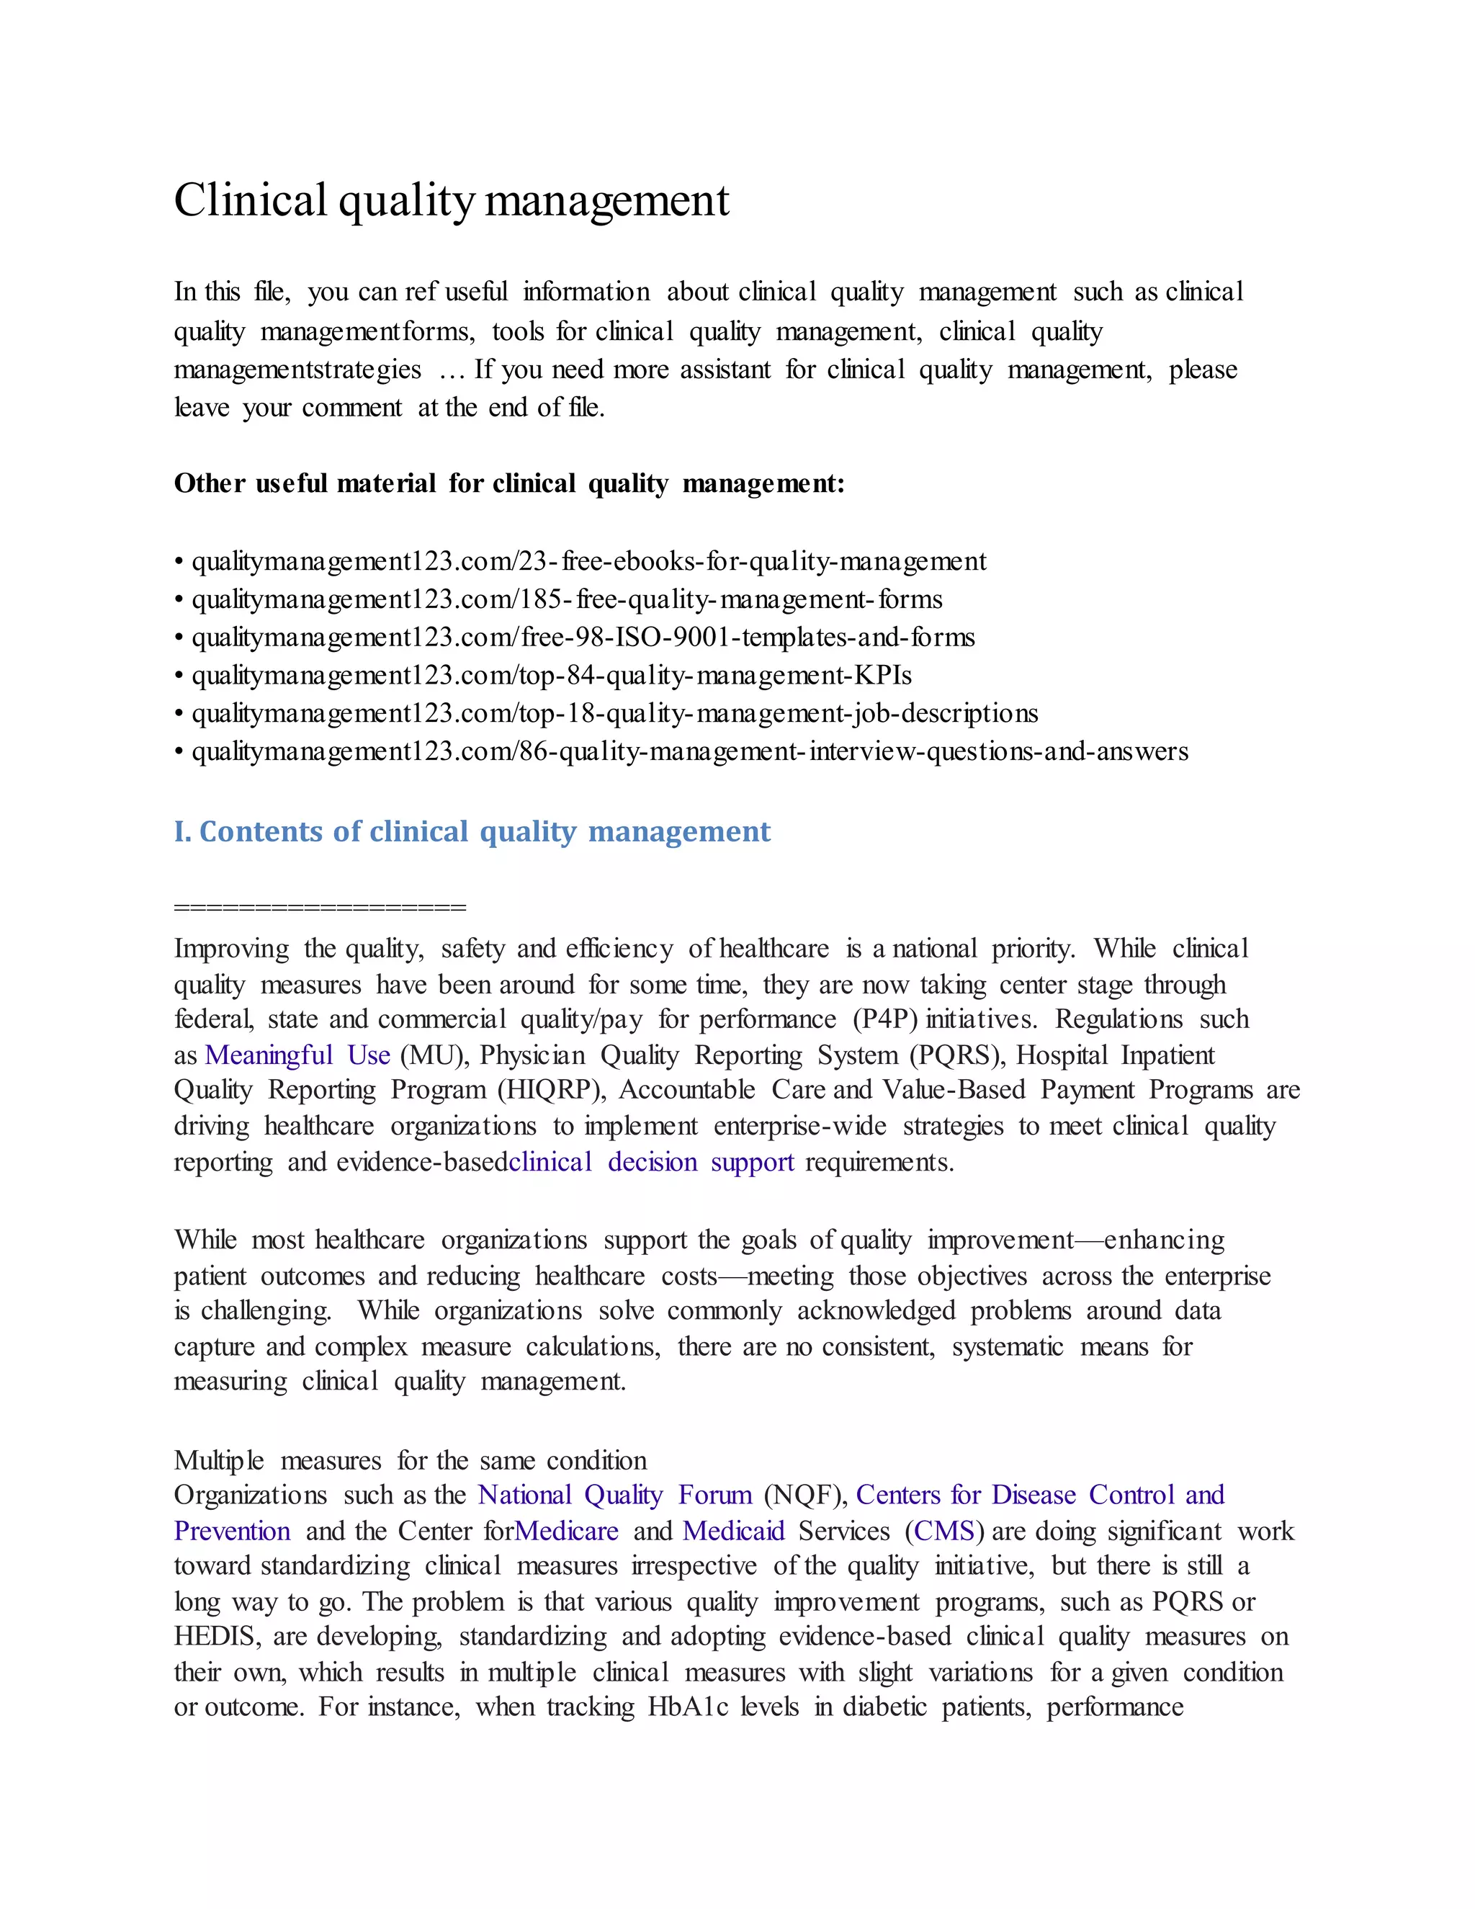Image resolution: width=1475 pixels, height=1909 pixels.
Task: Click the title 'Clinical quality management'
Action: (x=451, y=200)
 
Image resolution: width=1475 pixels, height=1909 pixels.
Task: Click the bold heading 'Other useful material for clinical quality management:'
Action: (x=509, y=483)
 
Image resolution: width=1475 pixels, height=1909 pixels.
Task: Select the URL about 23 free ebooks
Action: (x=589, y=561)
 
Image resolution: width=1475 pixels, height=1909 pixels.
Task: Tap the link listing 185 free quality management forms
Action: (x=567, y=599)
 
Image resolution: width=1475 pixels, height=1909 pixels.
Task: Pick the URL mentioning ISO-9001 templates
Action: (x=583, y=638)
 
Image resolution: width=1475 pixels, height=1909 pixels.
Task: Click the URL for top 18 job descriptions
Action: (x=615, y=713)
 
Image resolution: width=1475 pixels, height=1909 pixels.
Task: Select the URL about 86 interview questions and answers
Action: (x=690, y=751)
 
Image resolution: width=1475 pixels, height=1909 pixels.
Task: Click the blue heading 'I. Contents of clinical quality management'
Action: (x=472, y=831)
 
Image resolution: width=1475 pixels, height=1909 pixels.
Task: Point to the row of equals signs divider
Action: (x=320, y=906)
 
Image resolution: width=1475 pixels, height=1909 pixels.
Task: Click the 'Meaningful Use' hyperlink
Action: (x=297, y=1055)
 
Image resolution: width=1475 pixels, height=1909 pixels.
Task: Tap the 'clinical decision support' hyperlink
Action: (x=652, y=1162)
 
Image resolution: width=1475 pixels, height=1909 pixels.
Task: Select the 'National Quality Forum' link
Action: (x=614, y=1495)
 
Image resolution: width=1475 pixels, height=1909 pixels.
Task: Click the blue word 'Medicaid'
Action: (x=733, y=1531)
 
